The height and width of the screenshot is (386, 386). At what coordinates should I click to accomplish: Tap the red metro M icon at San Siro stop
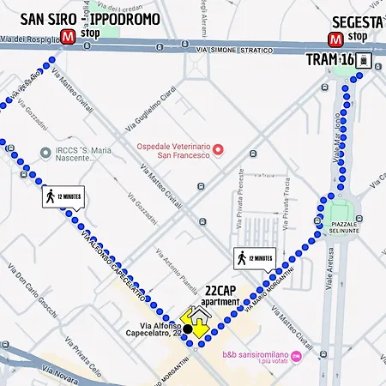[69, 36]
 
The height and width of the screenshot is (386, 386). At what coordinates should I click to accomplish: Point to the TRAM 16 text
[329, 59]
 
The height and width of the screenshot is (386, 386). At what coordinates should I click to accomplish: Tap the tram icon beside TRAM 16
[364, 61]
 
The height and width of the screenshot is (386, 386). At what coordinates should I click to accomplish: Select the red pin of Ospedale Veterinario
[218, 150]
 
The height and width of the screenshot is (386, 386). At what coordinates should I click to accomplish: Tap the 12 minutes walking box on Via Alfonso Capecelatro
[63, 196]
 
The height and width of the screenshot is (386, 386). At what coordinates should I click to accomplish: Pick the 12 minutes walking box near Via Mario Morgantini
[254, 257]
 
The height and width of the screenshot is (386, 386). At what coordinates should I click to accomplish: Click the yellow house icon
[196, 323]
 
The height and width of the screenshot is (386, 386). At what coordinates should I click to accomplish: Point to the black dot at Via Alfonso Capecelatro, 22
[187, 329]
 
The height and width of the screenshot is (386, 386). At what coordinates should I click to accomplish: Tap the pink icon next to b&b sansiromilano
[296, 355]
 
